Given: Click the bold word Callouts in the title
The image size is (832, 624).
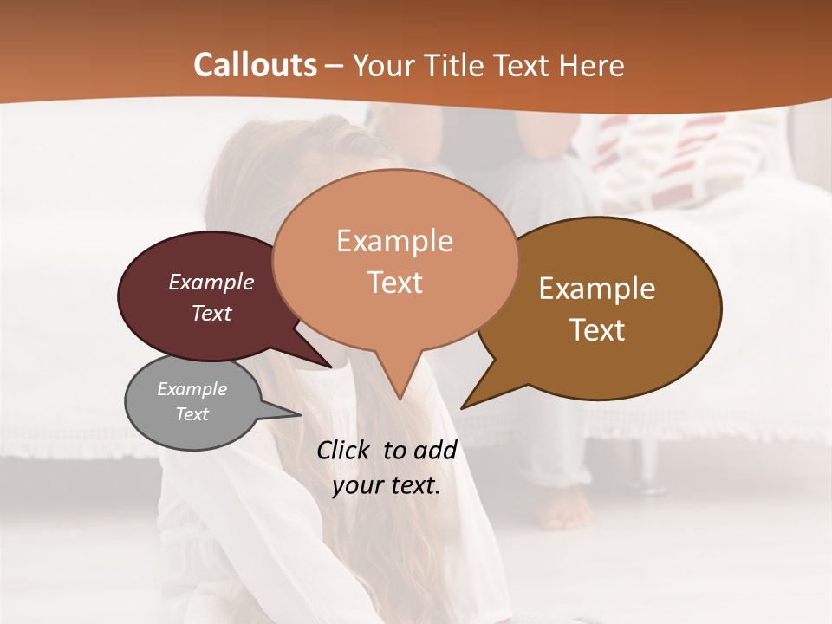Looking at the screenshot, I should point(255,65).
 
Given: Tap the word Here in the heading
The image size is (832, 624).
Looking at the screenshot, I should point(592,66).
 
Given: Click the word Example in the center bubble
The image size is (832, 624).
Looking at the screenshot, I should point(394,241).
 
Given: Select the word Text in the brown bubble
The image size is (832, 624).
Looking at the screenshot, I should point(597,330).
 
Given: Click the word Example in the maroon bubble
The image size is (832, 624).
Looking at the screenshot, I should point(211,283).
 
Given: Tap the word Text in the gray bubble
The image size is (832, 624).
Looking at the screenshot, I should point(192,414).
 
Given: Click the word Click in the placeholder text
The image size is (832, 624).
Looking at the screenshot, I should point(345,450).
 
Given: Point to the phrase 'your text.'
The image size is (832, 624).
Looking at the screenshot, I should point(387,485).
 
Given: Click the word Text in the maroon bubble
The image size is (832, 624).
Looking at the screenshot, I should point(211,313).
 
